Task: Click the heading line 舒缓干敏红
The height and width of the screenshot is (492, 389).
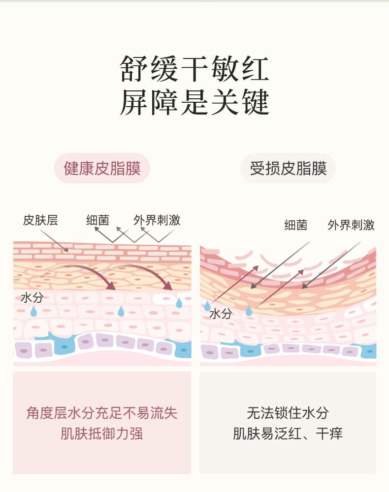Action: pos(194,69)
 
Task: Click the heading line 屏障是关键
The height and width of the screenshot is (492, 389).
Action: pos(194,102)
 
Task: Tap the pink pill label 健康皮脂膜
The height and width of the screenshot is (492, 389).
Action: pos(102,169)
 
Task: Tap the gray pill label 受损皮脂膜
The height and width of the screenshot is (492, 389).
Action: pos(288,169)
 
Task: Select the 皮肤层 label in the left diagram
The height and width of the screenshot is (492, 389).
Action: pos(40,220)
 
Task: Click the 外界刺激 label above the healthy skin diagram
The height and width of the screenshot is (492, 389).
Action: pos(157,220)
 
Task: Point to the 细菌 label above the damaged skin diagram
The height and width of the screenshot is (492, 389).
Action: pos(295,225)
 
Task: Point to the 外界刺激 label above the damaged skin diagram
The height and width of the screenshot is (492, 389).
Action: pos(351,225)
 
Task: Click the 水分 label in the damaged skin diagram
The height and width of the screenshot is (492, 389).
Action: pos(220,314)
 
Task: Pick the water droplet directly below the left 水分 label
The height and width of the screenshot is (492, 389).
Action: pos(33,311)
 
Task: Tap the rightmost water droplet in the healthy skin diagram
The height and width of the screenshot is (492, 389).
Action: pos(179,303)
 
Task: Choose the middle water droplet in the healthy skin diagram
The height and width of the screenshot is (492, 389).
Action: pos(121,311)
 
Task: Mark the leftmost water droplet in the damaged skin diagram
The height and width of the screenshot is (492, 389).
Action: pos(207,306)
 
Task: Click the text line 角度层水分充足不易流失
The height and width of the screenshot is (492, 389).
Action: pos(101,413)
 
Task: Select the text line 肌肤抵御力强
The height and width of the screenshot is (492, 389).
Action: pos(101,434)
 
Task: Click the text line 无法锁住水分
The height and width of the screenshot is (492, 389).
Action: pos(288,413)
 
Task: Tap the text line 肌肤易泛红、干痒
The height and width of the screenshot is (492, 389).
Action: pos(288,434)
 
